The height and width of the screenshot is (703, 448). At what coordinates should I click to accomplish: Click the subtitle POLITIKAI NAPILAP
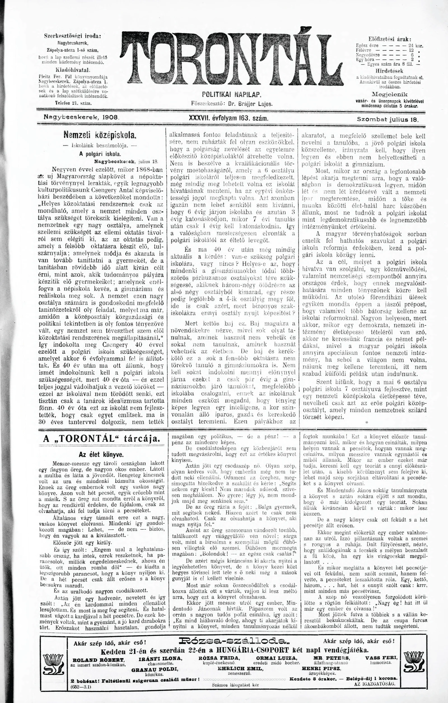[232, 95]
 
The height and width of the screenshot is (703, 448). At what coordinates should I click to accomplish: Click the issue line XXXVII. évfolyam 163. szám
[228, 118]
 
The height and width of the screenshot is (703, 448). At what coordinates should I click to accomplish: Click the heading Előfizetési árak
[390, 39]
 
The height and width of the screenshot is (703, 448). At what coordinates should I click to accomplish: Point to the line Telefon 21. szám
[73, 103]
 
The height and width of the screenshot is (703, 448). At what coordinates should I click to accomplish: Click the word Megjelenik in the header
[390, 94]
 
